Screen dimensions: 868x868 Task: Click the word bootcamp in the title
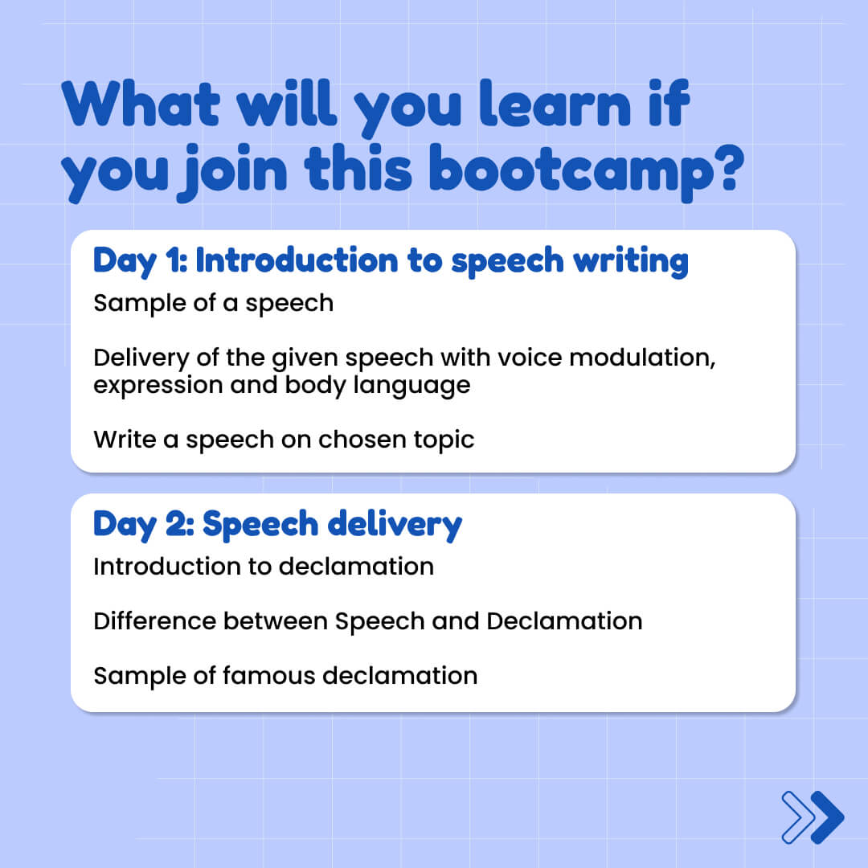pyautogui.click(x=571, y=172)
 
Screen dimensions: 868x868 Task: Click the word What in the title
pyautogui.click(x=141, y=103)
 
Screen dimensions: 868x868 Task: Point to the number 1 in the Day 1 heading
pyautogui.click(x=174, y=260)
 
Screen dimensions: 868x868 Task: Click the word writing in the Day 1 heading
pyautogui.click(x=631, y=261)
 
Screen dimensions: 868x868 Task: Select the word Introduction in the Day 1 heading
pyautogui.click(x=297, y=260)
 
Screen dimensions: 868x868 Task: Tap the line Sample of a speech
pyautogui.click(x=213, y=303)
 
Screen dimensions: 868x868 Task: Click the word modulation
pyautogui.click(x=642, y=358)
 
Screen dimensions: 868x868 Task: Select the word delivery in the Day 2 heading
pyautogui.click(x=395, y=525)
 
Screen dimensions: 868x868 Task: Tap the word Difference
pyautogui.click(x=155, y=621)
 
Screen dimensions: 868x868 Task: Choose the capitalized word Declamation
pyautogui.click(x=564, y=621)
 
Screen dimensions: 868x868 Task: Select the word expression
pyautogui.click(x=158, y=386)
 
